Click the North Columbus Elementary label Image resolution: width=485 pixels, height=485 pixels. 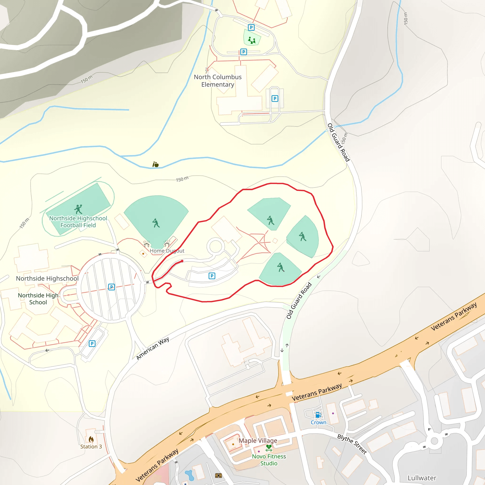(x=218, y=81)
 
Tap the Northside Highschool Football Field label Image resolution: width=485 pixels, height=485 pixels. (x=78, y=222)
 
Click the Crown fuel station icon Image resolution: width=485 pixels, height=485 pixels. (x=318, y=415)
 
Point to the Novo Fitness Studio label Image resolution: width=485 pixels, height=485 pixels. (x=269, y=460)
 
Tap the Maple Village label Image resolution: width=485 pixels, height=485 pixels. (x=258, y=440)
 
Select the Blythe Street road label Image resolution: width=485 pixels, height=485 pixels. (x=352, y=444)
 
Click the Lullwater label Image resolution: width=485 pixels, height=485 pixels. (x=422, y=478)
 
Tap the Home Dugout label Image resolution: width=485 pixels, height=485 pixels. (x=167, y=251)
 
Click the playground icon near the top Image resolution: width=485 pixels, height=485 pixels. (x=252, y=40)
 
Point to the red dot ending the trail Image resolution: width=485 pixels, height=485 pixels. (x=182, y=261)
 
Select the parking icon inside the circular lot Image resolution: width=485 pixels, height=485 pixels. (x=112, y=287)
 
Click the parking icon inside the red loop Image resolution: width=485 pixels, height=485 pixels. (x=212, y=276)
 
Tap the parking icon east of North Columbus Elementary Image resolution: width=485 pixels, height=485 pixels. (x=275, y=99)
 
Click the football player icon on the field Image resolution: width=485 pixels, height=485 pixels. (x=78, y=209)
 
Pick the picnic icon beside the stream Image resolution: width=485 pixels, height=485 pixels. (x=156, y=164)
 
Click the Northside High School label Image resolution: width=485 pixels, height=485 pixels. (x=38, y=299)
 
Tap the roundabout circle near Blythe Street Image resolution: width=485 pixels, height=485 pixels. (x=434, y=441)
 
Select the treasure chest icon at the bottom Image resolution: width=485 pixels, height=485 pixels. (x=218, y=476)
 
